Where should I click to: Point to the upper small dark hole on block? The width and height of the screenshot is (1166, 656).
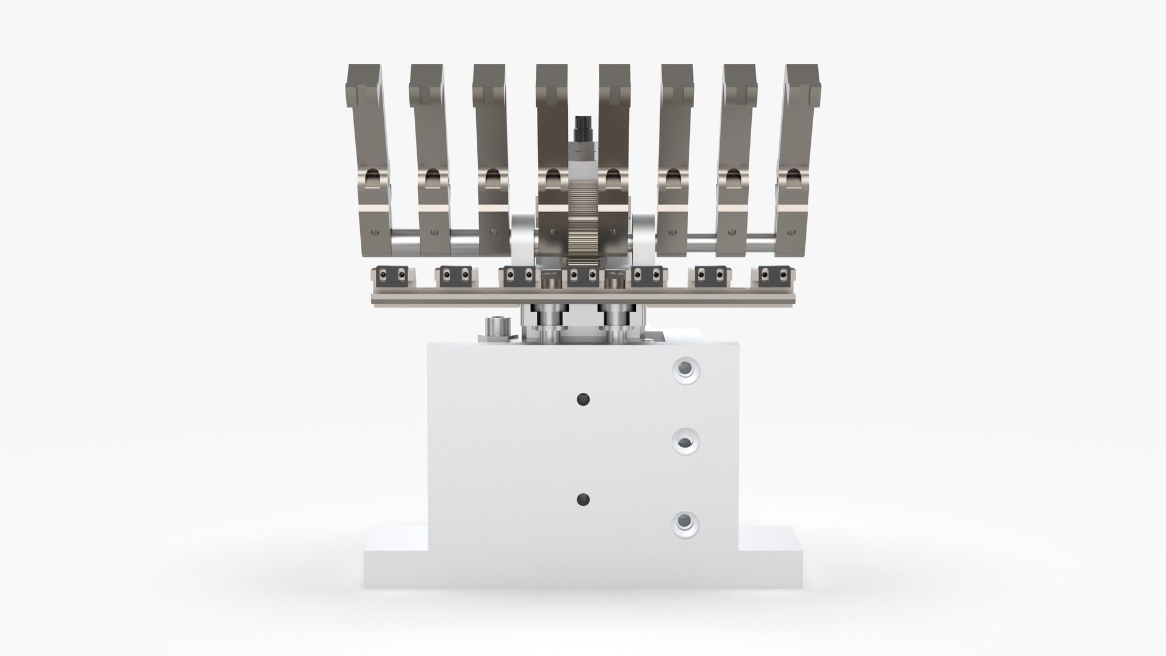click(x=583, y=399)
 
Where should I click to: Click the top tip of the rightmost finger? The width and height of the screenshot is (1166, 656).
click(x=803, y=79)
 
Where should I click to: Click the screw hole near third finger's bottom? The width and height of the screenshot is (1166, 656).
click(x=496, y=232)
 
